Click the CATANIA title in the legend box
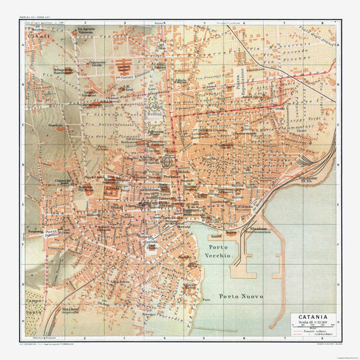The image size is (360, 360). [312, 315]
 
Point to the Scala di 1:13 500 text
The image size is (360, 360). [312, 322]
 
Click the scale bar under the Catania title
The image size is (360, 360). [312, 328]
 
